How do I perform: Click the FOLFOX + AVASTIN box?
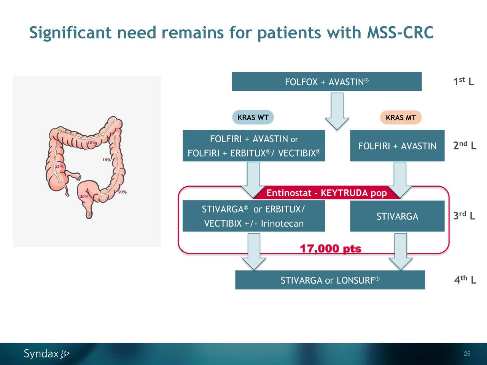326,82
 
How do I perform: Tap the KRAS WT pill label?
253,117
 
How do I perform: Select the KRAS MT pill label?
401,118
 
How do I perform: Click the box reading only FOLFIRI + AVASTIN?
397,146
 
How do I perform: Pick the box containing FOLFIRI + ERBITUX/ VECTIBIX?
254,146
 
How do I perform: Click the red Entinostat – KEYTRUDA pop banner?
326,193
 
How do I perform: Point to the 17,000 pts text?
330,249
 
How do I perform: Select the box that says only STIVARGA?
397,216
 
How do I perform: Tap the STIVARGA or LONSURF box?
330,280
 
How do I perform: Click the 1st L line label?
463,82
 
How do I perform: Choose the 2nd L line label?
464,146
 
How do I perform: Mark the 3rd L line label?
464,216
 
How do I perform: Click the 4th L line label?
465,280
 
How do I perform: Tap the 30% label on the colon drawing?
84,197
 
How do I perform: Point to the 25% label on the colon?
60,167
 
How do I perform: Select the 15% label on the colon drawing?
107,160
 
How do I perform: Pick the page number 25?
467,354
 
